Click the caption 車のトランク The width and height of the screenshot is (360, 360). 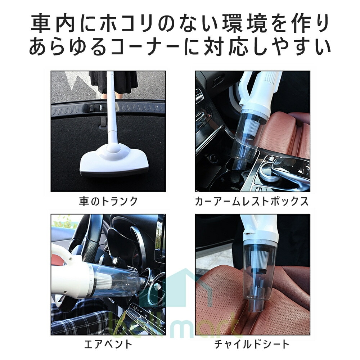[x=108, y=202]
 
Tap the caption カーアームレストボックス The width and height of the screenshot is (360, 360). [x=252, y=202]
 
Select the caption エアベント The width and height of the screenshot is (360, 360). [x=108, y=345]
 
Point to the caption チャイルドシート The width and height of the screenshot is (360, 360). [x=252, y=345]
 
